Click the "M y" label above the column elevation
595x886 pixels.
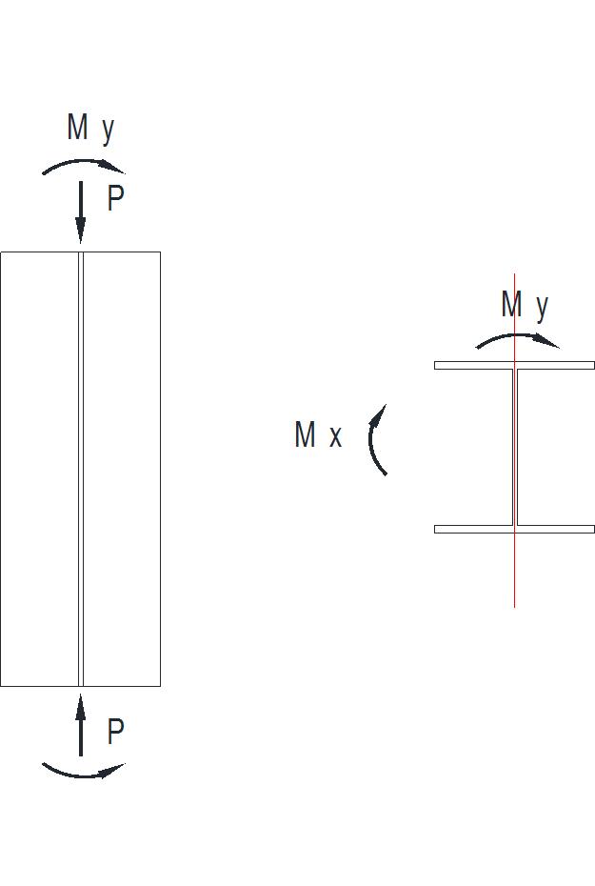[x=90, y=128]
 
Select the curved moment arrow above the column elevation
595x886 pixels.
[x=82, y=164]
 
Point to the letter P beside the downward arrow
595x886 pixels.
[x=115, y=199]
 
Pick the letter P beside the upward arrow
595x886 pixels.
[x=115, y=733]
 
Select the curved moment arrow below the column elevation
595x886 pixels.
[x=83, y=773]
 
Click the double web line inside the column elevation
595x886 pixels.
[x=81, y=467]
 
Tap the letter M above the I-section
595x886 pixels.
[x=512, y=305]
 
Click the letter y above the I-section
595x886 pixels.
[x=542, y=307]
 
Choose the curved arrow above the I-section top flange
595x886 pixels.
[x=517, y=338]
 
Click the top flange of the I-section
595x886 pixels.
[x=514, y=365]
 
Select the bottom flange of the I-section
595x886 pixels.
[x=514, y=529]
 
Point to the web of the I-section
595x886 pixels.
[x=515, y=448]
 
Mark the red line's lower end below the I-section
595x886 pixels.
[x=515, y=606]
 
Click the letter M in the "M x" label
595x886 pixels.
[x=306, y=435]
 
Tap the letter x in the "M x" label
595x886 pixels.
[x=335, y=438]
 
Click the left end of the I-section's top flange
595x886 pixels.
[x=437, y=365]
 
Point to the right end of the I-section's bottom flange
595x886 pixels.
[x=592, y=529]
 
